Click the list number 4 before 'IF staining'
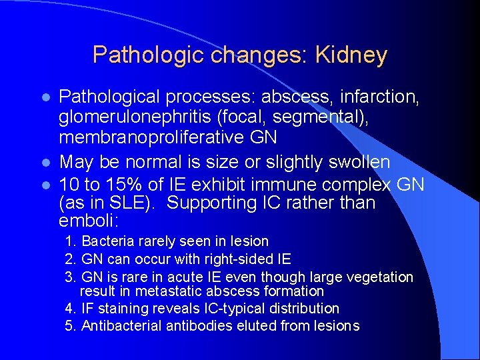[69, 309]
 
